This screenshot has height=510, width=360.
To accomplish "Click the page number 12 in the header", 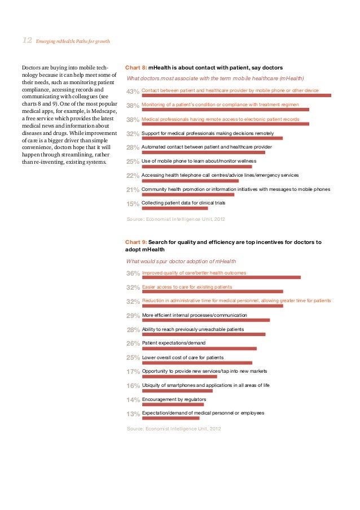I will click(27, 40).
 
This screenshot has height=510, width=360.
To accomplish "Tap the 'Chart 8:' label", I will click(136, 67).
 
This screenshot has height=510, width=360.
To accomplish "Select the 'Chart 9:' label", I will click(136, 242).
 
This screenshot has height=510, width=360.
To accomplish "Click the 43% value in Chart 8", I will click(133, 91).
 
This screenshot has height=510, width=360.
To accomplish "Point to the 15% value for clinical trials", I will click(133, 204).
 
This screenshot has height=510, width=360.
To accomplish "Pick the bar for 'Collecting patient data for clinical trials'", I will click(175, 208).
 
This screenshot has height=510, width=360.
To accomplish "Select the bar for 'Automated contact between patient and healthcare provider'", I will click(203, 152).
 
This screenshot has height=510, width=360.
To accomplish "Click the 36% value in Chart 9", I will click(133, 273).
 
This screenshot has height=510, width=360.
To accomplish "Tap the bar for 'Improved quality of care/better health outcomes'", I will click(221, 277).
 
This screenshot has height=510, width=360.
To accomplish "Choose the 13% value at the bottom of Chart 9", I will click(133, 414).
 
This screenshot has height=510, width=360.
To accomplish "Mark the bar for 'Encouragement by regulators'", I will click(173, 404).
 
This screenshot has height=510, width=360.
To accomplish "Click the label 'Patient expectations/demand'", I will click(174, 343).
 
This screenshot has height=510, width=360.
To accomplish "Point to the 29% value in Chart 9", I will click(133, 316).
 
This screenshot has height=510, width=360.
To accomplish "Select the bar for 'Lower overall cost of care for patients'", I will click(197, 363).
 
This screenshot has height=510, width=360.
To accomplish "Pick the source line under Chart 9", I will click(174, 429).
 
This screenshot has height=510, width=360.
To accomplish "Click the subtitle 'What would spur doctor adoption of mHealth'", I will click(181, 261).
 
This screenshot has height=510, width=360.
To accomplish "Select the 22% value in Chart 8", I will click(133, 176).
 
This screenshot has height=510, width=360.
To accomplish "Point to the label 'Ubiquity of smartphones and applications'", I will click(205, 385).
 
